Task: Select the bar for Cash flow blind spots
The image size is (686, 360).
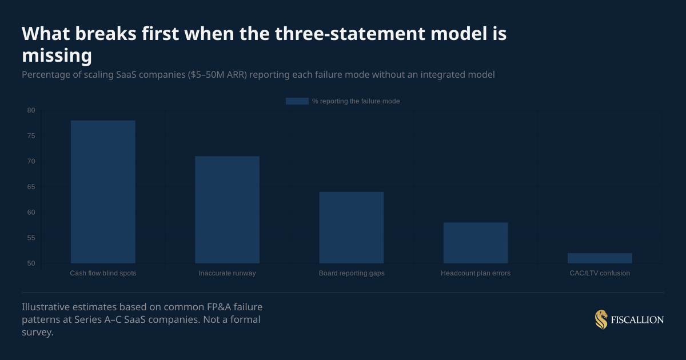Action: [103, 191]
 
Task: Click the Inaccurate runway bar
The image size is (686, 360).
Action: [227, 209]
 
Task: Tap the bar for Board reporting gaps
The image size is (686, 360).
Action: [351, 227]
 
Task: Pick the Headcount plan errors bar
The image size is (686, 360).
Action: [476, 242]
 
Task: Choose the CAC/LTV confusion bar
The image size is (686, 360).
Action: [600, 258]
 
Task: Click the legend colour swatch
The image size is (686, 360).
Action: [297, 101]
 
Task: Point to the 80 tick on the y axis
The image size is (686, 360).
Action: [31, 110]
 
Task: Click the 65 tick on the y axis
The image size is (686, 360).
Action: [31, 187]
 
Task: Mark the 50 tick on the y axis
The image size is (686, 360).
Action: [31, 263]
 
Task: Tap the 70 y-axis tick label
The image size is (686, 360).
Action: [31, 161]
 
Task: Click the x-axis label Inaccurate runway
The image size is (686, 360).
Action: [227, 273]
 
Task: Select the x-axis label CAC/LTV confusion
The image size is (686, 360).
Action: [600, 273]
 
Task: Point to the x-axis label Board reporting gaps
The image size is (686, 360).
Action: [351, 273]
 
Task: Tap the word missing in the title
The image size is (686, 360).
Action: [57, 55]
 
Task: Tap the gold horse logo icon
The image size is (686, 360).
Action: [601, 319]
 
